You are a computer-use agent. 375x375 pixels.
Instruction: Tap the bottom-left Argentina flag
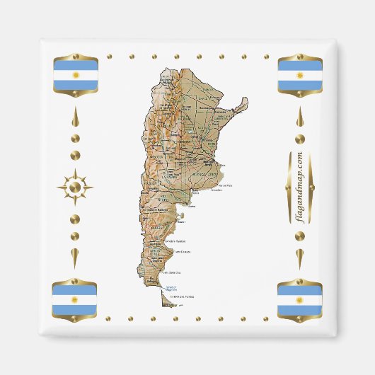[x=74, y=299]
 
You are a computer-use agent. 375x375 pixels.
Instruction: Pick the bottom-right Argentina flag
[x=299, y=299]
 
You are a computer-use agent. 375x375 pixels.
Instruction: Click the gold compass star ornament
[x=74, y=187]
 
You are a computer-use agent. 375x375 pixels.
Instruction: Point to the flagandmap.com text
[x=300, y=187]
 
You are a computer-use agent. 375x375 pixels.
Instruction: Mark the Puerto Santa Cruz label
[x=173, y=272]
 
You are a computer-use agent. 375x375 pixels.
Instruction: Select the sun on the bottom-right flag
[x=299, y=299]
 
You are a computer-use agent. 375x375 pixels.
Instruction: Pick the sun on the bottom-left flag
[x=74, y=299]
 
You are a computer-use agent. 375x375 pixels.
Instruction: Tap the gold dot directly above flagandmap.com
[x=300, y=139]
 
